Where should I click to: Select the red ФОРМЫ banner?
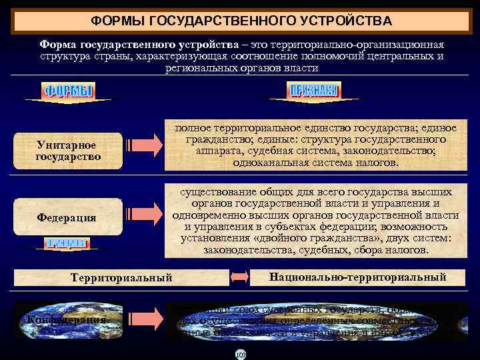click(68, 91)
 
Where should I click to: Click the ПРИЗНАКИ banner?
click(313, 91)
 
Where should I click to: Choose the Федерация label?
click(67, 217)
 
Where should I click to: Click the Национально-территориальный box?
click(357, 277)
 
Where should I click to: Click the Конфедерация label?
click(68, 319)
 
